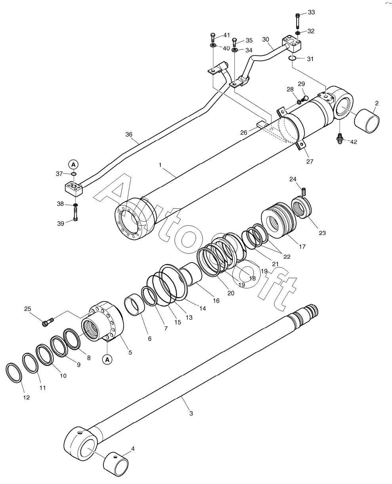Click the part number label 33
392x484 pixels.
(x=311, y=12)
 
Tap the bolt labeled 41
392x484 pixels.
(x=213, y=37)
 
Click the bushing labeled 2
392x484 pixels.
(x=367, y=121)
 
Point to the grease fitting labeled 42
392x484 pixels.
(x=339, y=138)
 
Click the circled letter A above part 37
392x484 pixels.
(x=73, y=164)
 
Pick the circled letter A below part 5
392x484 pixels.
(x=107, y=360)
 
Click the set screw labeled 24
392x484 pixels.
(x=304, y=192)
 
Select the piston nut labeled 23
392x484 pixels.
(x=301, y=208)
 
